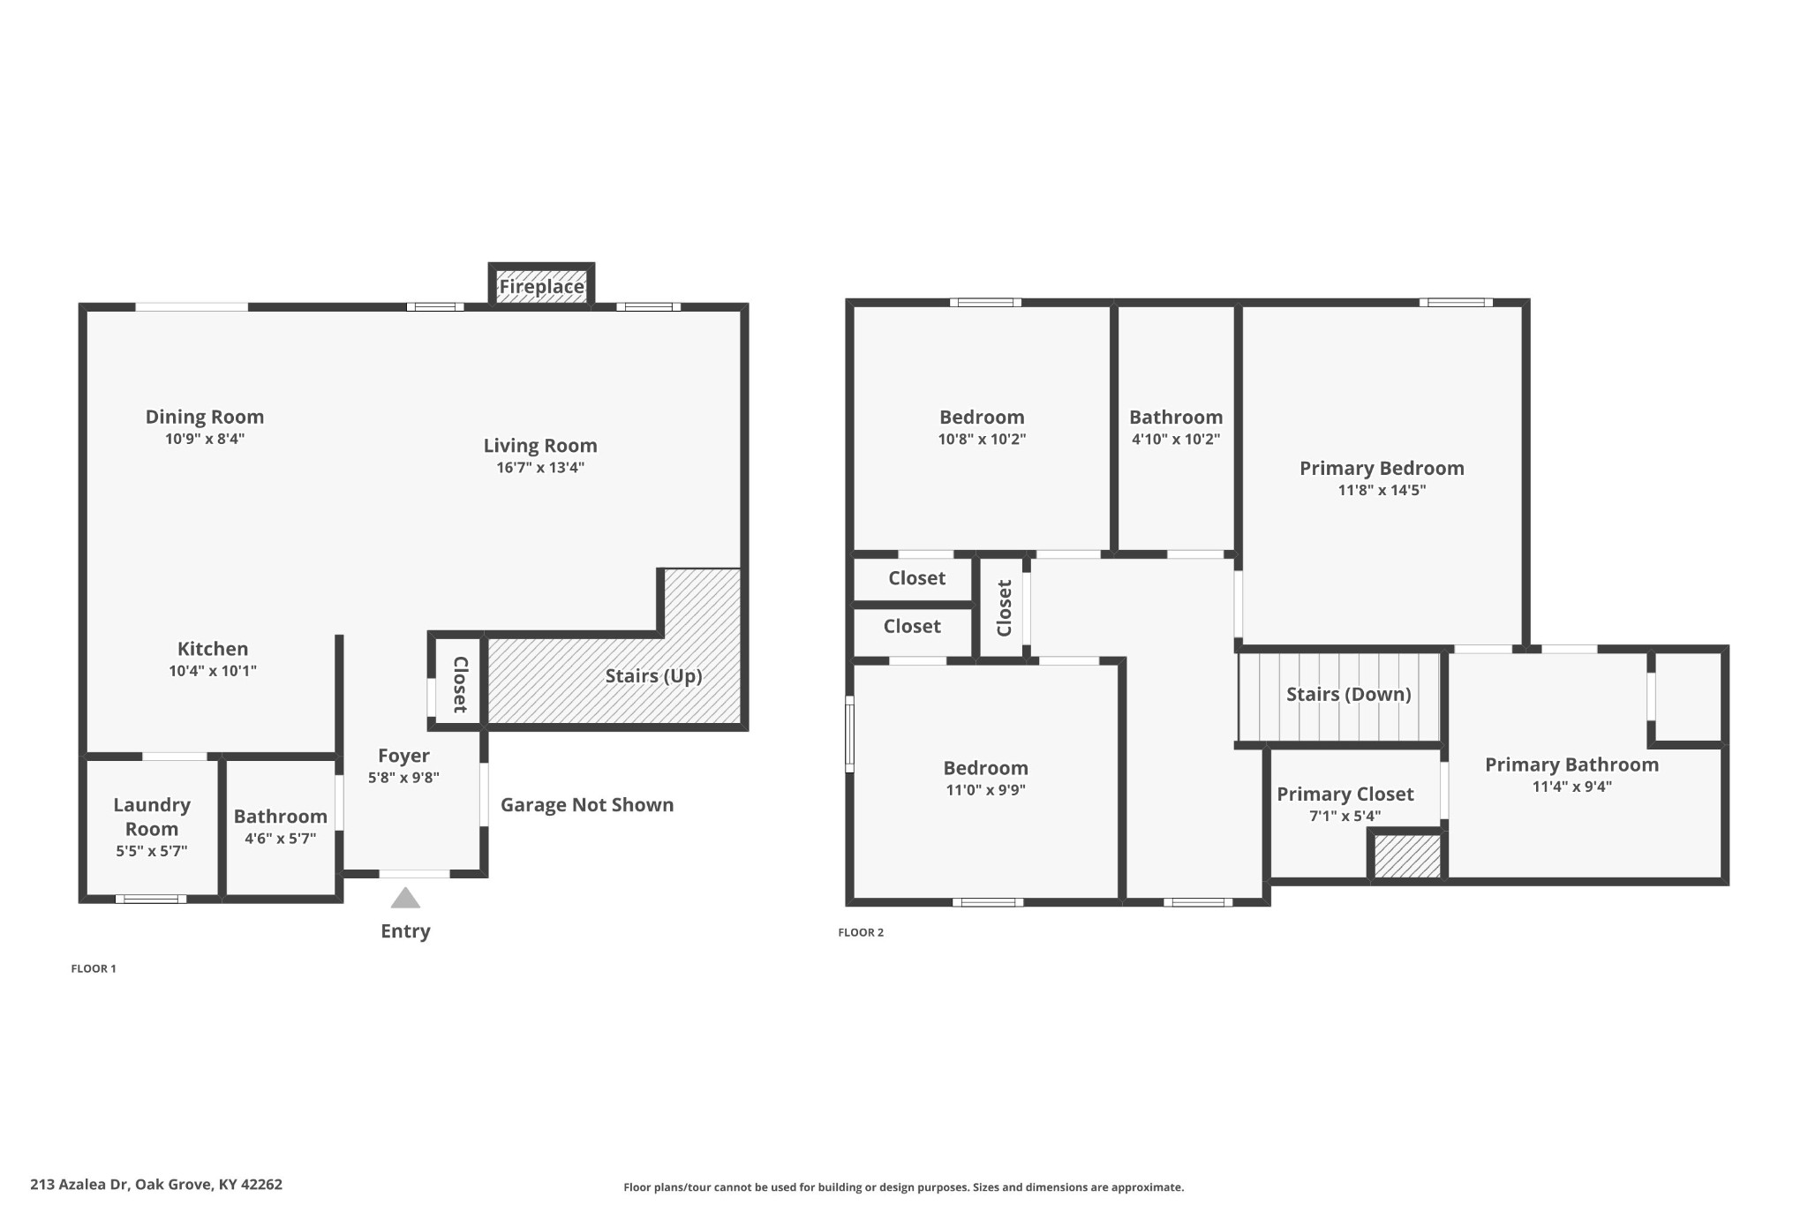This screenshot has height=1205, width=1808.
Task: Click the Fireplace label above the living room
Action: coord(541,287)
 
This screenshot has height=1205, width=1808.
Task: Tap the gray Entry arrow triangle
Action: coord(405,899)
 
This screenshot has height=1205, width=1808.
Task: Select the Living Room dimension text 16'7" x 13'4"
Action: coord(540,468)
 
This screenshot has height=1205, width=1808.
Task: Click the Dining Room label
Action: coord(205,417)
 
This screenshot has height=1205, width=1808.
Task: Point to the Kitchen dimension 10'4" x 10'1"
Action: coord(213,671)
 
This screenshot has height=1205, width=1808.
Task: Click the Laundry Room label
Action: coord(152,817)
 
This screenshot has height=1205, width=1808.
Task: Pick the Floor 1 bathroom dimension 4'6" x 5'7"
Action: coord(280,839)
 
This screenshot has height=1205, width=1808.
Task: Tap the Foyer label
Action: coord(403,756)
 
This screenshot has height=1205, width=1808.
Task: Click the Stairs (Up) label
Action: coord(653,676)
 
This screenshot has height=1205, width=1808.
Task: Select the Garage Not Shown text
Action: coord(587,805)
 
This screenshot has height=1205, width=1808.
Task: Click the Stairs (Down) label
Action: coord(1348,695)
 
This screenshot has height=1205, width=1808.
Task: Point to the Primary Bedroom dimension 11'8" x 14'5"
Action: coord(1382,491)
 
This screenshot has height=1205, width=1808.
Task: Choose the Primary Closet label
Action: coord(1345,795)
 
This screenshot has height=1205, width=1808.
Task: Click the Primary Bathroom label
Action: coord(1571,765)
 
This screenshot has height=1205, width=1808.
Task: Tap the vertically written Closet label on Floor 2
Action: coord(1004,608)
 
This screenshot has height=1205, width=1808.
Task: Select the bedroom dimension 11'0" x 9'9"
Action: coord(985,790)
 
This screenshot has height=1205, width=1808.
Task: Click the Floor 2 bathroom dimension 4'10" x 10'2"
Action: coord(1176,440)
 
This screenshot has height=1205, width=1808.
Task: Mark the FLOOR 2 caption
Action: coord(861,932)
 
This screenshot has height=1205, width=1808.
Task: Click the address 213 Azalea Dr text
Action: coord(156,1185)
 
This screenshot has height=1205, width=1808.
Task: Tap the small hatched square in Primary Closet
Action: coord(1407,856)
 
